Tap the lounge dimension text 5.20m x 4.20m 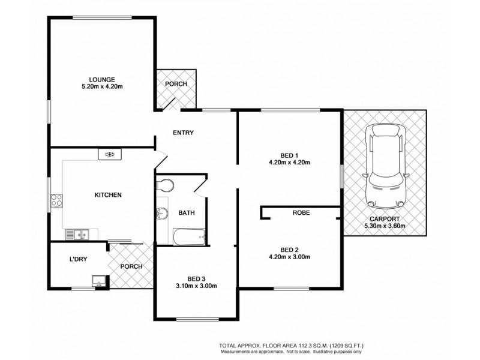click(102, 87)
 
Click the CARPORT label click(385, 219)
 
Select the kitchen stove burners click(56, 199)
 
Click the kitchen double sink click(78, 233)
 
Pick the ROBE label click(301, 213)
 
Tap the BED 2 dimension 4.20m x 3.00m click(289, 257)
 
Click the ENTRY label click(182, 133)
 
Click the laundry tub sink click(98, 280)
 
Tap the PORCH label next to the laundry click(131, 266)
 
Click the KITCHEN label click(109, 195)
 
